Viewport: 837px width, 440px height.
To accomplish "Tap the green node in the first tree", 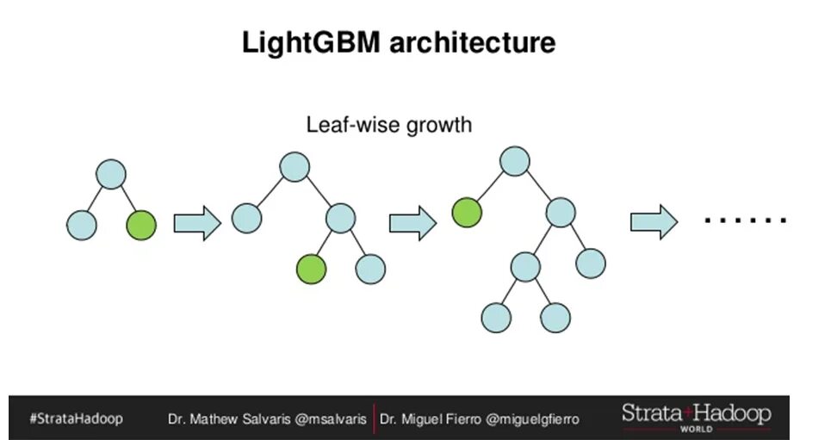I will coord(141,225).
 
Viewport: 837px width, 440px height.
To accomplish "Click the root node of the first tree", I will coord(111,175).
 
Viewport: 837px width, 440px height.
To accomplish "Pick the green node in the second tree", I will coord(312,269).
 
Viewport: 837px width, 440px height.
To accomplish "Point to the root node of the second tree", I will coord(294,167).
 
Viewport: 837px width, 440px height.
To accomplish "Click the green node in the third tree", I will coord(467,212).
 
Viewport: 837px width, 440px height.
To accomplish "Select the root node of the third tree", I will coord(514,161).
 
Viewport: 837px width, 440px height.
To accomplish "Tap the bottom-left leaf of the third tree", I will coord(496,317).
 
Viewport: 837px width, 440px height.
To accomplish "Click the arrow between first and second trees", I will coord(197,224).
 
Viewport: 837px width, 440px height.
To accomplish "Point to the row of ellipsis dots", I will coord(745,221).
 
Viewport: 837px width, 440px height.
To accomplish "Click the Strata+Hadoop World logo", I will coord(696,417).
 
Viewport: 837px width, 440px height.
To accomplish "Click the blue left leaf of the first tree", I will coord(82,225).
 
